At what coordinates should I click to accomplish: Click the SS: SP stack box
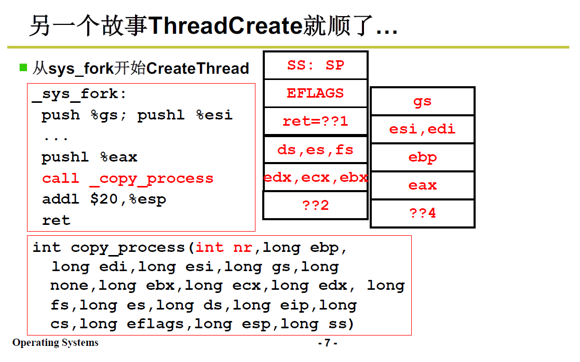coord(316,65)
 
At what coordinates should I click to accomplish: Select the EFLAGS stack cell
coord(316,93)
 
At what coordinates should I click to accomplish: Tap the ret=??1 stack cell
coord(316,121)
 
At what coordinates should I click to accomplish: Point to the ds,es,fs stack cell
coord(316,150)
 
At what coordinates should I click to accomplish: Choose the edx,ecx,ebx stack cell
coord(316,177)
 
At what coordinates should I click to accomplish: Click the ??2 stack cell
coord(316,205)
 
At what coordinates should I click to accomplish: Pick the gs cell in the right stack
coord(423,101)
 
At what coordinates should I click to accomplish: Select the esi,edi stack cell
coord(423,129)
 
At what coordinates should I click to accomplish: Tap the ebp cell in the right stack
coord(423,157)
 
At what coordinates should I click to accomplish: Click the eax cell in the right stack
coord(423,185)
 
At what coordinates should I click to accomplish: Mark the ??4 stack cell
coord(423,213)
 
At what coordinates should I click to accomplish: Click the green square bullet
coord(23,68)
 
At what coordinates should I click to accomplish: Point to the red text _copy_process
coord(152,179)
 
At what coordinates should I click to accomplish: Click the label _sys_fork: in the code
coord(79,94)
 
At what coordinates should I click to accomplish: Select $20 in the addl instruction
coord(104,199)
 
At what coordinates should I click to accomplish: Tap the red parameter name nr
coord(242,247)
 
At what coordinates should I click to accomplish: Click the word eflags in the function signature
coord(155,324)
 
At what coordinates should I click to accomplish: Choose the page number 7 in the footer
coord(327,343)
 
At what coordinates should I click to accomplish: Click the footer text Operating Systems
coord(56,343)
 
